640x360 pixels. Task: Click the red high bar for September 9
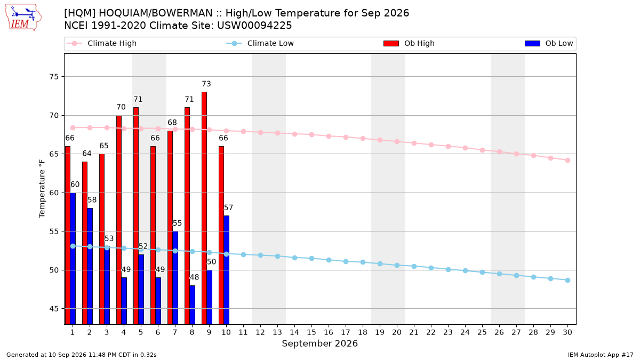[204, 208]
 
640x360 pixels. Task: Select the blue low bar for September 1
[73, 259]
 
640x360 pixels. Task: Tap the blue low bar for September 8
[193, 305]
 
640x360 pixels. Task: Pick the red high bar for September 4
[119, 220]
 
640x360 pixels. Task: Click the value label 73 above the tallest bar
[206, 84]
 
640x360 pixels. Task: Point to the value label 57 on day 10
[229, 207]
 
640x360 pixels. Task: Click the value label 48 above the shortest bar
[194, 277]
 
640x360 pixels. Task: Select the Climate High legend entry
[102, 43]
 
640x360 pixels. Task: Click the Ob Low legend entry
[549, 43]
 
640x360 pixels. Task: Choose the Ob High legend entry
[409, 43]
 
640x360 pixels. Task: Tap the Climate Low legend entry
[260, 43]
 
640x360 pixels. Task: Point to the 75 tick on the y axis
[54, 77]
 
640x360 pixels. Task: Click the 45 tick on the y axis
[54, 309]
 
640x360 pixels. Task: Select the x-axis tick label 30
[567, 332]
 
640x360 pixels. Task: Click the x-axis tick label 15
[311, 332]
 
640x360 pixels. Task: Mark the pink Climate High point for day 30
[567, 161]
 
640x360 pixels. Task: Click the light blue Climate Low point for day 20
[397, 266]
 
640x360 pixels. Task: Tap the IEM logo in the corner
[23, 18]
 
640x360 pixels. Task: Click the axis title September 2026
[319, 343]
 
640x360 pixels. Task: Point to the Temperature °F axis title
[42, 189]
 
